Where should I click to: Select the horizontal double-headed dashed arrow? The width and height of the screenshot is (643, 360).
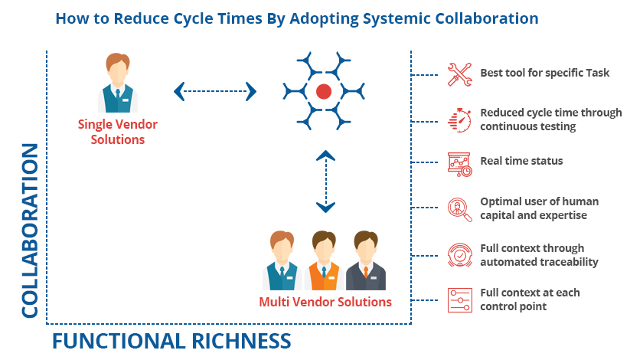[x=215, y=92]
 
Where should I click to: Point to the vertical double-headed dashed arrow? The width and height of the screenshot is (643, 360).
[x=326, y=181]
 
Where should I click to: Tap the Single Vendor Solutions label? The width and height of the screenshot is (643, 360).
[x=111, y=131]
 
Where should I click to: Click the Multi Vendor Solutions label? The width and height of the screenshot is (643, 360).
[x=325, y=302]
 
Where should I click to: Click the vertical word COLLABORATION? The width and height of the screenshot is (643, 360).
[x=29, y=230]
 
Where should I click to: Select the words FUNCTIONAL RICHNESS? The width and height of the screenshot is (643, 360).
[x=171, y=340]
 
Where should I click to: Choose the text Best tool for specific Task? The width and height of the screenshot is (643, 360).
[x=544, y=74]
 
